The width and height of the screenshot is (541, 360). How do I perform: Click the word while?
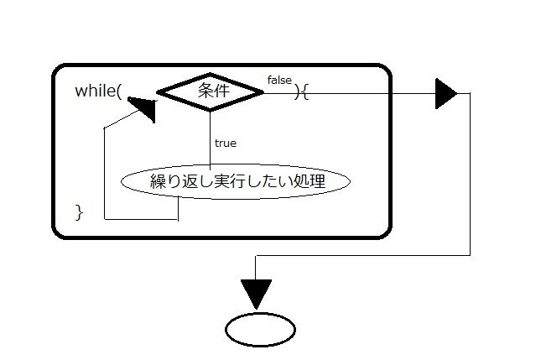[x=96, y=91]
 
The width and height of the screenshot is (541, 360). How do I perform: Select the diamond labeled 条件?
[x=211, y=92]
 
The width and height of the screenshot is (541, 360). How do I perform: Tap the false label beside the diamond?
[x=279, y=80]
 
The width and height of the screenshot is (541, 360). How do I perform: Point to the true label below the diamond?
[x=225, y=143]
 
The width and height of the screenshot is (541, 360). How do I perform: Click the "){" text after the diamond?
[x=302, y=92]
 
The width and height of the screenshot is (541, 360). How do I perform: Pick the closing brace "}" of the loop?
[x=80, y=211]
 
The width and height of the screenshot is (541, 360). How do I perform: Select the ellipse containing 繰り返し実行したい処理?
[x=236, y=180]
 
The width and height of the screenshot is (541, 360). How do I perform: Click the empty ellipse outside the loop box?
[x=260, y=329]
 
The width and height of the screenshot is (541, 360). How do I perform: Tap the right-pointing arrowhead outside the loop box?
[x=445, y=93]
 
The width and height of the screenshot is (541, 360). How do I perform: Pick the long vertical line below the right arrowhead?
[x=470, y=176]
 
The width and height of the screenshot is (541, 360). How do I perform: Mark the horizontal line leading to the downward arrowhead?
[x=361, y=256]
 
